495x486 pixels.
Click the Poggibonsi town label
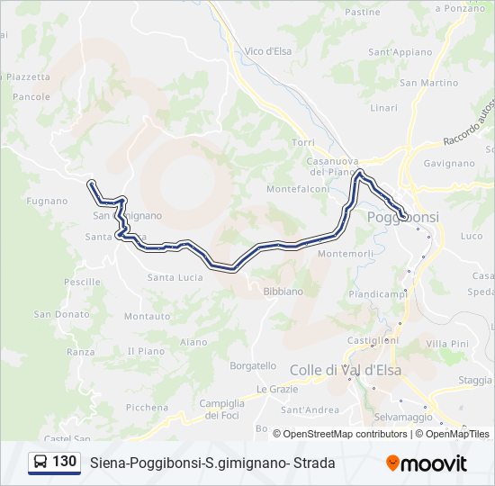[402, 217]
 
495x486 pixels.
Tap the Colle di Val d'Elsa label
[346, 370]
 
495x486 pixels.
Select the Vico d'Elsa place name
[268, 51]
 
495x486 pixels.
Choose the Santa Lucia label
[175, 277]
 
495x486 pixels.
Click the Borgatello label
[253, 365]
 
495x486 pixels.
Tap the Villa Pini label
[447, 344]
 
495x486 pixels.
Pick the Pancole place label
[31, 96]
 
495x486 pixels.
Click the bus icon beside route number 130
[40, 463]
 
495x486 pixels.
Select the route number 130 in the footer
[64, 462]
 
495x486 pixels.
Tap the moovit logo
[427, 463]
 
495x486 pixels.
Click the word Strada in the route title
[312, 463]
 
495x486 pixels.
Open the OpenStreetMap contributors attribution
[345, 434]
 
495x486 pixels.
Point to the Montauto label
[147, 316]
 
